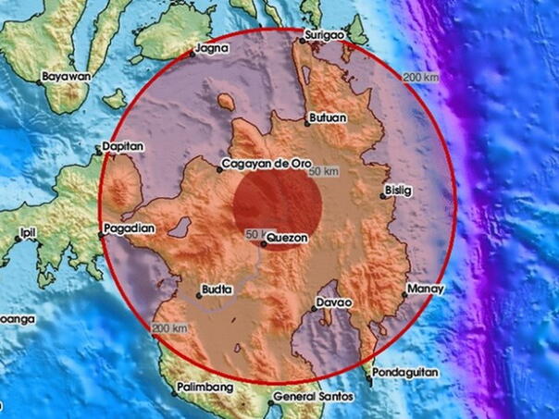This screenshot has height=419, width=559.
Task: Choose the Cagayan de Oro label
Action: point(260,166)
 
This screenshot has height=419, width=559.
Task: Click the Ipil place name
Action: point(14,233)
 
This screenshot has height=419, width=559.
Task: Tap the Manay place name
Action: point(427,289)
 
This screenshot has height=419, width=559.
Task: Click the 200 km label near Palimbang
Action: point(170,328)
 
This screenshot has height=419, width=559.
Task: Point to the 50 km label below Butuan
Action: point(325,172)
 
